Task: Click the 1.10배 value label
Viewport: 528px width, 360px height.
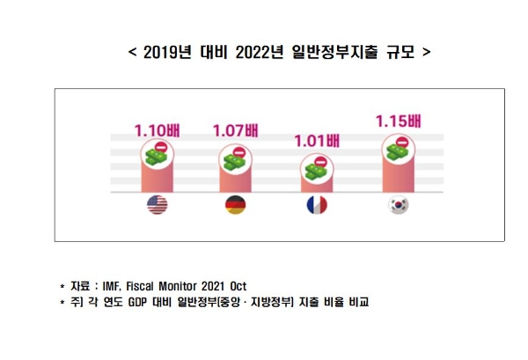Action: pos(157,132)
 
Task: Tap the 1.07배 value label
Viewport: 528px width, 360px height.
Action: pos(236,132)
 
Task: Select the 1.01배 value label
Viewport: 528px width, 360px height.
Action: pos(315,139)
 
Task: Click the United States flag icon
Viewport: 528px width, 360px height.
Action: pos(157,205)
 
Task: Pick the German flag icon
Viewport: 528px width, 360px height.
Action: pos(236,205)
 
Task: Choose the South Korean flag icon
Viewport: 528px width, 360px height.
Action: pos(398,205)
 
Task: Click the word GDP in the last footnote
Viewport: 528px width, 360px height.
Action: pos(143,303)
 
